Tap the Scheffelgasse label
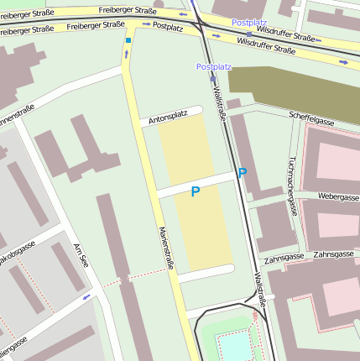click(x=310, y=120)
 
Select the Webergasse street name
click(x=338, y=196)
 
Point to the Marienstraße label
click(x=165, y=248)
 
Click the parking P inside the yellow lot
click(x=196, y=192)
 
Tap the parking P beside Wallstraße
click(x=243, y=174)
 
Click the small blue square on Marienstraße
click(x=128, y=39)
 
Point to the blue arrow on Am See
click(x=86, y=297)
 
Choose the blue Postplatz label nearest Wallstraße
click(x=213, y=65)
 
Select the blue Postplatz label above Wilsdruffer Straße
click(x=248, y=21)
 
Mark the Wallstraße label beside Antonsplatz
click(x=220, y=103)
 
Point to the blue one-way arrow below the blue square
click(x=128, y=55)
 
